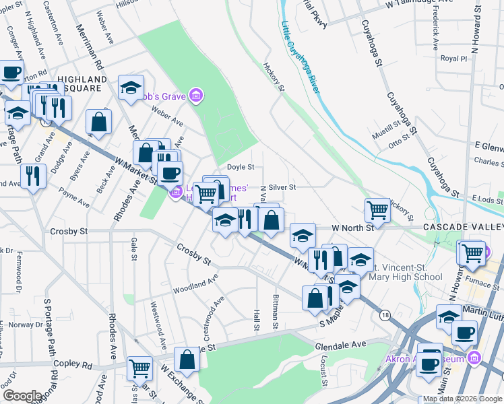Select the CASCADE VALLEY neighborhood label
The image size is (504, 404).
(x=463, y=228)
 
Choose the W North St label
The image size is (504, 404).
(x=350, y=228)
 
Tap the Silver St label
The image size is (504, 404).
(x=282, y=187)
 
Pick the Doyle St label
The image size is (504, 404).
(x=240, y=166)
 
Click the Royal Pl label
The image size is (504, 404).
(x=453, y=59)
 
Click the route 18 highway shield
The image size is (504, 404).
(x=385, y=315)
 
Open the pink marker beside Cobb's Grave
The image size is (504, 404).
(x=196, y=97)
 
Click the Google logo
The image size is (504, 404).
(x=22, y=396)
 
